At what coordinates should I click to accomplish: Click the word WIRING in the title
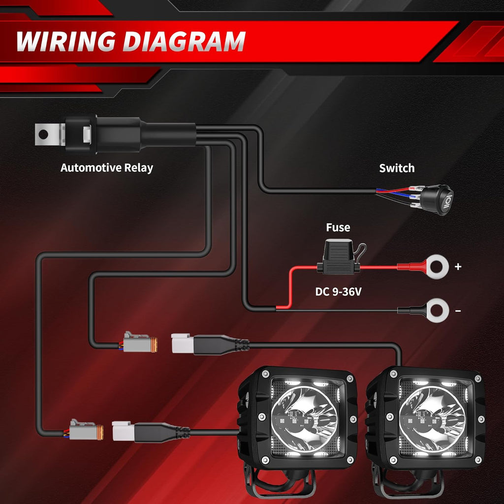click(x=66, y=41)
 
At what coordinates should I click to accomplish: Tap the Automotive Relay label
click(x=107, y=168)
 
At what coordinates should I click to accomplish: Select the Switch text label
click(x=397, y=168)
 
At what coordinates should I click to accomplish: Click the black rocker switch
click(x=436, y=199)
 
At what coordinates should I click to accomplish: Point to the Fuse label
click(x=338, y=227)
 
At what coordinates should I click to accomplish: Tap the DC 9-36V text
click(x=339, y=292)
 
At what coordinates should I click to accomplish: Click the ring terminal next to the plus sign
click(x=437, y=267)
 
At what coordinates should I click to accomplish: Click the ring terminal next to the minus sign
click(x=437, y=311)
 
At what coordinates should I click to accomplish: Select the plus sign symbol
click(x=458, y=267)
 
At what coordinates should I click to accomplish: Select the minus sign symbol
click(x=458, y=311)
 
